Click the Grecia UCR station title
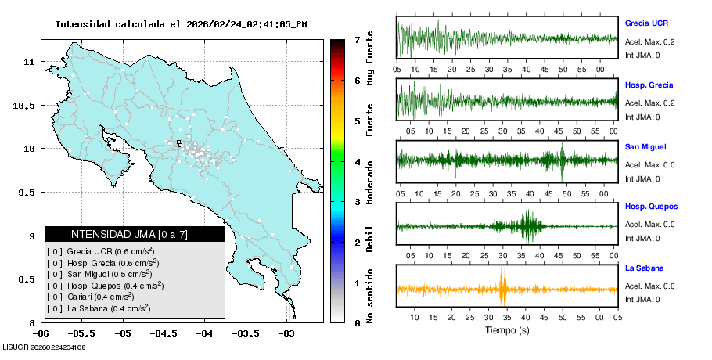coord(645,23)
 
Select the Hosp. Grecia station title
coord(649,85)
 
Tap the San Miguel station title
coord(645,146)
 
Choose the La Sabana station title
coord(643,268)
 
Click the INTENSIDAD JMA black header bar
coord(135,234)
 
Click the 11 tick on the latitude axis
coord(28,62)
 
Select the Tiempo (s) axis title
coord(506,330)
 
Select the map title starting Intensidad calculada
coord(181,24)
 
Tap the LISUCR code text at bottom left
coord(44,347)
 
